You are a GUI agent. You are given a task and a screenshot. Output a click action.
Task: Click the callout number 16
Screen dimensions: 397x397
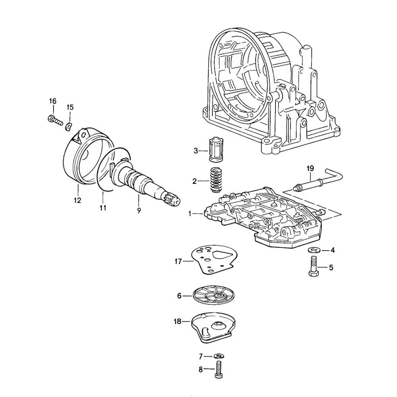click(x=53, y=101)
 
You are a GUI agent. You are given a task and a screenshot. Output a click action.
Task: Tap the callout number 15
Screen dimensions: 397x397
click(x=70, y=107)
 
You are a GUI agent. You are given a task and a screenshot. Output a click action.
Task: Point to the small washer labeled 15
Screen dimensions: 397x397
click(x=68, y=126)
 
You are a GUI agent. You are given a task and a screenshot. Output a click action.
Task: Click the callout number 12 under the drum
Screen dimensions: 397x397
click(x=77, y=200)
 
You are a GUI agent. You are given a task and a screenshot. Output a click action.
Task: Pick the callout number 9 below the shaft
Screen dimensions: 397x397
click(x=139, y=211)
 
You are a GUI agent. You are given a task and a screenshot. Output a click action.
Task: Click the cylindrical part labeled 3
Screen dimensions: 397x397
click(x=217, y=149)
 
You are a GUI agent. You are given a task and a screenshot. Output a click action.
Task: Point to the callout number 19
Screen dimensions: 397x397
click(x=310, y=168)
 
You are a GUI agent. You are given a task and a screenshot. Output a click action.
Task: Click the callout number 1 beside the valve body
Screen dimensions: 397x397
click(x=191, y=214)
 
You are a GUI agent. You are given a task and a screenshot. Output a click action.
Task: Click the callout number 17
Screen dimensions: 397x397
click(x=177, y=261)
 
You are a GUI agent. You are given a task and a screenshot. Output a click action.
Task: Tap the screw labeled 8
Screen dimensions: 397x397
click(x=218, y=369)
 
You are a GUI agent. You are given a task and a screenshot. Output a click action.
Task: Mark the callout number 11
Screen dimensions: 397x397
click(x=103, y=208)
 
